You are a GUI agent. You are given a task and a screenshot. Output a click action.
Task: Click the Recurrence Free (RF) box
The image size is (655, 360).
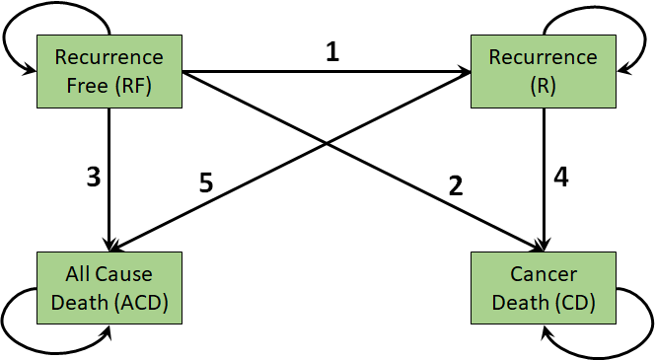pos(109,72)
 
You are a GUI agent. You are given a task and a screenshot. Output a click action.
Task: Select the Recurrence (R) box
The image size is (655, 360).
pos(543,70)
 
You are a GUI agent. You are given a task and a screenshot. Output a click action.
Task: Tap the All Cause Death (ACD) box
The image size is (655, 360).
pos(109,286)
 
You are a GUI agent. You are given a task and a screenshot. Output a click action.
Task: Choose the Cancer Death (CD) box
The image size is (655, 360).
pos(544,286)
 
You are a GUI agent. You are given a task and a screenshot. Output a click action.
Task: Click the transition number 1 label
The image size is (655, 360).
pos(332,52)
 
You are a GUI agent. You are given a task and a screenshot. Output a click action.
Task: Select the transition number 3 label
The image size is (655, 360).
pos(94,178)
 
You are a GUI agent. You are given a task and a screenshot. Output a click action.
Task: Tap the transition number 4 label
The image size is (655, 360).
pos(561,178)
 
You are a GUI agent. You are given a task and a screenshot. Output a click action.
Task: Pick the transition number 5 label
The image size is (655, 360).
pos(206,184)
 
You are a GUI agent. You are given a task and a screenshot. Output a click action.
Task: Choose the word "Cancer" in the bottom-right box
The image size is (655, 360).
pos(544,272)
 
